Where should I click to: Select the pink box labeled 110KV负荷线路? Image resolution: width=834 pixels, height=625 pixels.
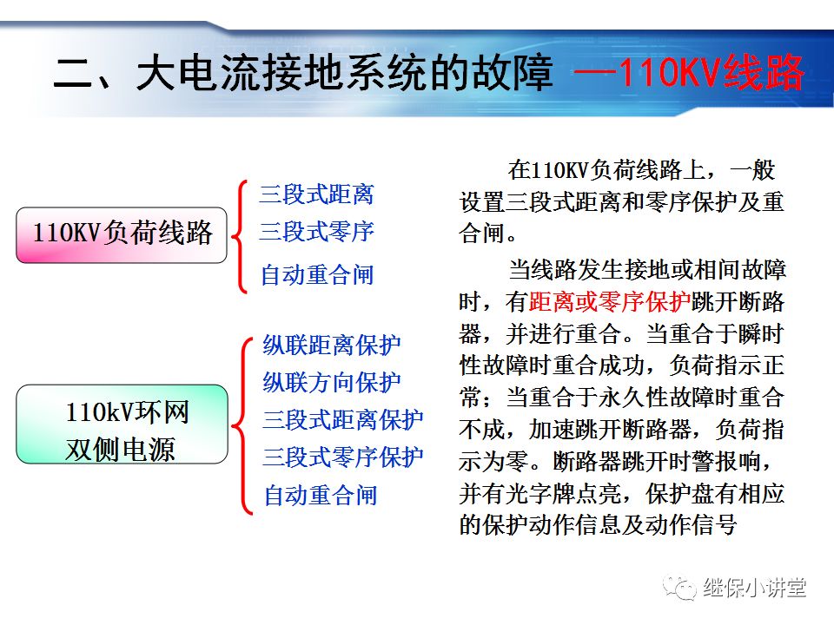[x=122, y=234]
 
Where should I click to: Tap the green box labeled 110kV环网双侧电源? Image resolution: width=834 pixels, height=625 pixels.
[x=122, y=431]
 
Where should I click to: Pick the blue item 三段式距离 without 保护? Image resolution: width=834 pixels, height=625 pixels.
[x=316, y=194]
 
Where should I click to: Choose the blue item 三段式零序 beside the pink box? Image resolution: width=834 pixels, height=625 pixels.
[x=316, y=232]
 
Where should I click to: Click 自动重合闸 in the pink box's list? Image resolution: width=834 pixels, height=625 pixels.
[x=317, y=275]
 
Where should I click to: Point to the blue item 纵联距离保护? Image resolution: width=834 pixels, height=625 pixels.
[x=332, y=345]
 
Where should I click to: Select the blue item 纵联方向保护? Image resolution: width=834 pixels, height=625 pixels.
[x=332, y=382]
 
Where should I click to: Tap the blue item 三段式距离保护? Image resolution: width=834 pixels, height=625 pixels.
[x=343, y=420]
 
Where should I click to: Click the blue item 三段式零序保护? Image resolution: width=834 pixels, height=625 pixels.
[x=343, y=457]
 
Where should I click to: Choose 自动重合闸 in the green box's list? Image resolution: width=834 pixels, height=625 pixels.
[x=321, y=496]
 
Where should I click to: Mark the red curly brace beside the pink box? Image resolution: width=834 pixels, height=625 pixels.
[x=241, y=234]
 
